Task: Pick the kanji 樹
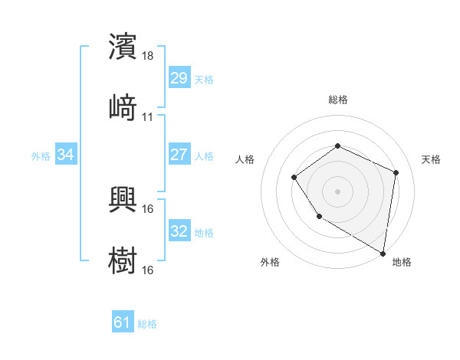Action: [x=123, y=259]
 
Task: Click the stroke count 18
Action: [x=149, y=57]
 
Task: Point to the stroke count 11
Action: [x=148, y=117]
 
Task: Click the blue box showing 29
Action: [x=179, y=78]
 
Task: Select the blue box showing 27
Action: [x=179, y=155]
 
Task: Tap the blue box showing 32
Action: [x=179, y=231]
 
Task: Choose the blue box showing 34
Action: [x=66, y=155]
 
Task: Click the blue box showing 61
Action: [x=123, y=322]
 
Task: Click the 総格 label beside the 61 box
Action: [x=147, y=324]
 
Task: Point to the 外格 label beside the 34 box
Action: [x=41, y=156]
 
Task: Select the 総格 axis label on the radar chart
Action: [x=337, y=100]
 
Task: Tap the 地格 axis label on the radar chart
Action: [x=402, y=263]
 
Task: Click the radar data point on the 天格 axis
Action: [x=396, y=172]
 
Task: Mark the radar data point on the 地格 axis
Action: [x=383, y=253]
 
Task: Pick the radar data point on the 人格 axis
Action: [x=294, y=178]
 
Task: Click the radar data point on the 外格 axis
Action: [x=319, y=217]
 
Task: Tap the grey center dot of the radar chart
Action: [x=337, y=191]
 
